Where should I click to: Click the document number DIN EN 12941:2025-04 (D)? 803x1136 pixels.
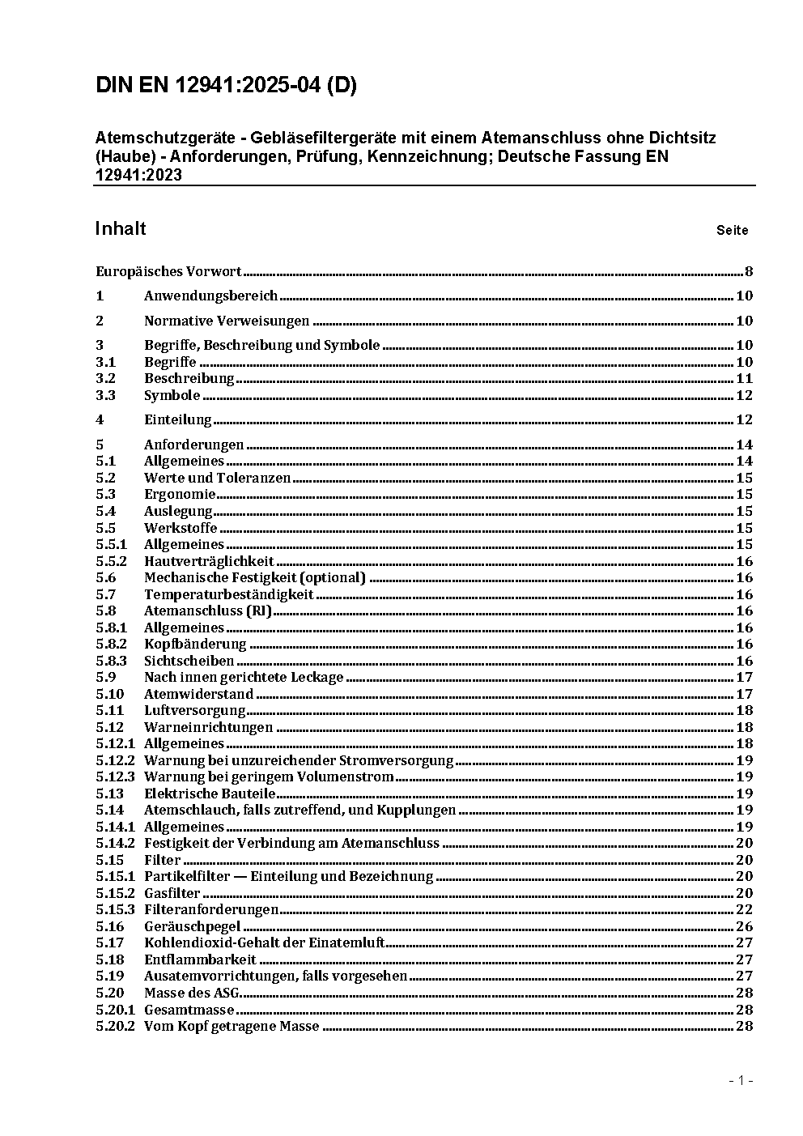226,86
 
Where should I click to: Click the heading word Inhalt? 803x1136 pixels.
121,228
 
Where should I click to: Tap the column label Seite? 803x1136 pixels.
732,231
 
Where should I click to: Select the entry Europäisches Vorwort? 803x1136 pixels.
168,272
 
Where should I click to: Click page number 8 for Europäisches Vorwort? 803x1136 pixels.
749,272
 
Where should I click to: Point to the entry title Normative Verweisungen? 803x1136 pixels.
227,321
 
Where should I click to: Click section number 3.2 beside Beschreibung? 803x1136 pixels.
105,378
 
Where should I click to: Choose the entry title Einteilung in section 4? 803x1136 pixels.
177,419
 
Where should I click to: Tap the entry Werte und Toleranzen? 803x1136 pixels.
217,478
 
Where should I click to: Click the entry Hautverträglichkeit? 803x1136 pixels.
209,561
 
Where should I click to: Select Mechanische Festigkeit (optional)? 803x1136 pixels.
255,577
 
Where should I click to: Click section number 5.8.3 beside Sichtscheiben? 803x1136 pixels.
111,661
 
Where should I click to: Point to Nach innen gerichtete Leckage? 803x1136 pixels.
244,677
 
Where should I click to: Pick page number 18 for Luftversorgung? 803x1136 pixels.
744,710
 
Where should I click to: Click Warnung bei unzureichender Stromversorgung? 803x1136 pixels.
298,760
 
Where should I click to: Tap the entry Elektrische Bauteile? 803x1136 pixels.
210,793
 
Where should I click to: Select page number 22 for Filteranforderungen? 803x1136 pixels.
744,909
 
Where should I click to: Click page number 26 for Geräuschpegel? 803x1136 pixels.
744,926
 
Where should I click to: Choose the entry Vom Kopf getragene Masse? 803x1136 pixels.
232,1026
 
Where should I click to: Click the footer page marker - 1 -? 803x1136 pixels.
740,1080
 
